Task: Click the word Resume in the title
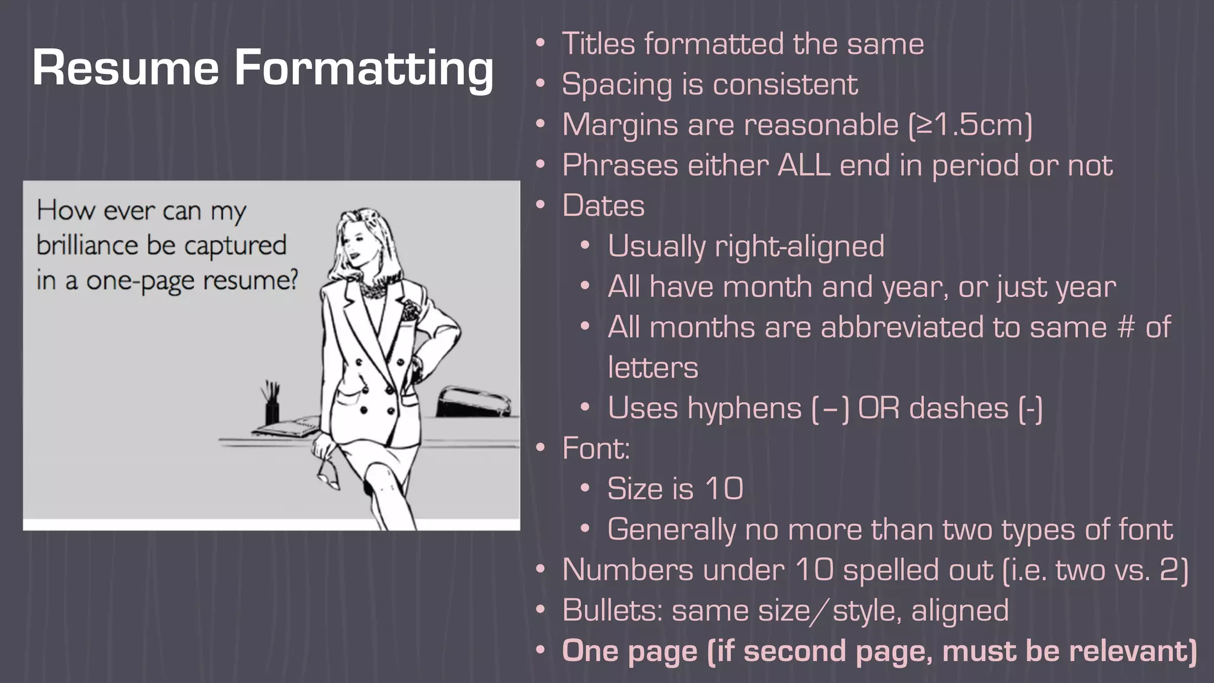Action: point(126,68)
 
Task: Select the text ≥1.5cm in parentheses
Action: point(970,125)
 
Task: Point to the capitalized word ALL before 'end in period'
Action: point(804,165)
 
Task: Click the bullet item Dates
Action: point(603,206)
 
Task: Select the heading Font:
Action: point(596,448)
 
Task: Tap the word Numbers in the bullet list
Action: point(627,570)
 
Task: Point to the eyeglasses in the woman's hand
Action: point(328,472)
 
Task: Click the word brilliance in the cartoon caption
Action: point(87,245)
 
